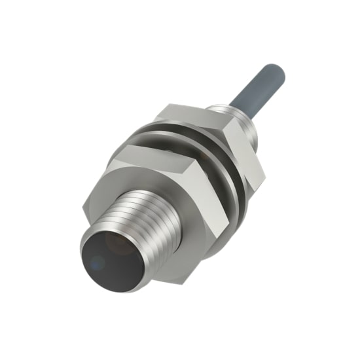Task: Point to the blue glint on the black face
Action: tap(97, 263)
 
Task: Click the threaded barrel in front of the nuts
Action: tap(141, 209)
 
